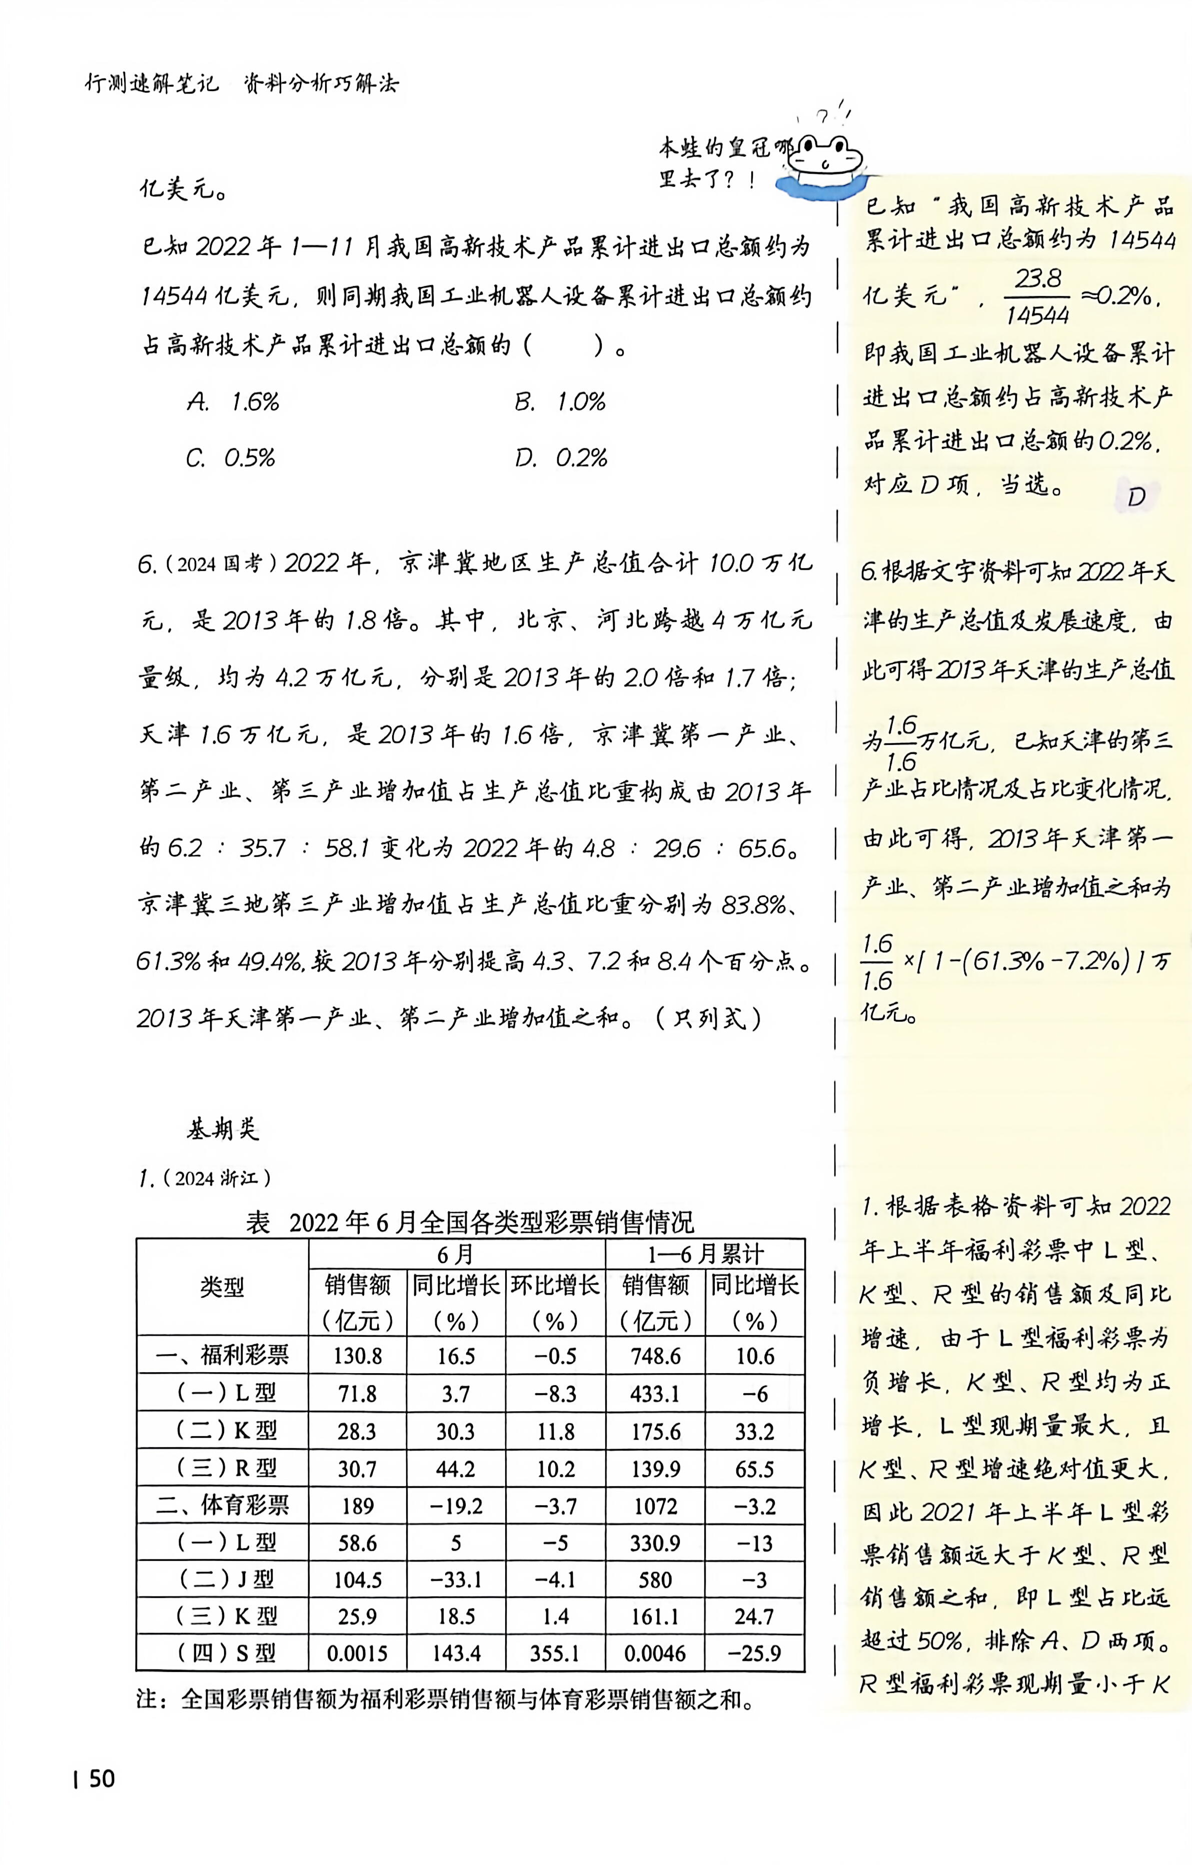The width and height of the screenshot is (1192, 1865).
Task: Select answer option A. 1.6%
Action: tap(233, 401)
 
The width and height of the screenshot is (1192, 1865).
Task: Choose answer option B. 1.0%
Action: tap(559, 401)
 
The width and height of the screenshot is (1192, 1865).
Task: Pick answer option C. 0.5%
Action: tap(230, 458)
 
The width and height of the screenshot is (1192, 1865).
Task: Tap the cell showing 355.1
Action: tap(555, 1653)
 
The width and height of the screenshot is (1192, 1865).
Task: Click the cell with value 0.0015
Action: tap(357, 1653)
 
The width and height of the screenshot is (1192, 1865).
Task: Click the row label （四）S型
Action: tap(222, 1653)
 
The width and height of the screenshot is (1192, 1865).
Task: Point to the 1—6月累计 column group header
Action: tap(705, 1254)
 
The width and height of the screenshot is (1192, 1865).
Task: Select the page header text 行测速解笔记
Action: tap(152, 83)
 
